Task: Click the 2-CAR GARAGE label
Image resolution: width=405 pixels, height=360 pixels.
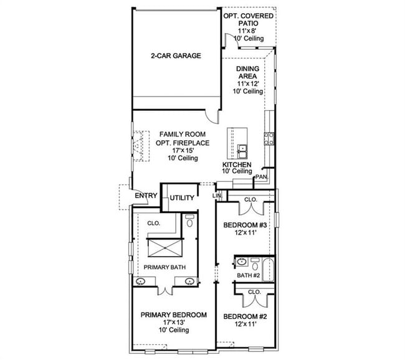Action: tap(176, 56)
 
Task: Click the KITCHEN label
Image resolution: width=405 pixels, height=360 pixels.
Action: tap(237, 165)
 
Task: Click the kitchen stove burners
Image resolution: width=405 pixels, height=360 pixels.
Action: tap(269, 138)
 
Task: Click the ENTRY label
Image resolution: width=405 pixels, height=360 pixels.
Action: tap(146, 196)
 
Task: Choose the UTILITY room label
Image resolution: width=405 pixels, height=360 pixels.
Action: tap(182, 198)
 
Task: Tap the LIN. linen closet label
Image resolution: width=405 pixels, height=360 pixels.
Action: tap(217, 196)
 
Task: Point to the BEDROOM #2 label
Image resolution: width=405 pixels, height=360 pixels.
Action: tap(245, 317)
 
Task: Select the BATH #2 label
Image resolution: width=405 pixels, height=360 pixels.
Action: tap(248, 275)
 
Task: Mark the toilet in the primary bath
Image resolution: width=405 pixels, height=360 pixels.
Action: tap(189, 221)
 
